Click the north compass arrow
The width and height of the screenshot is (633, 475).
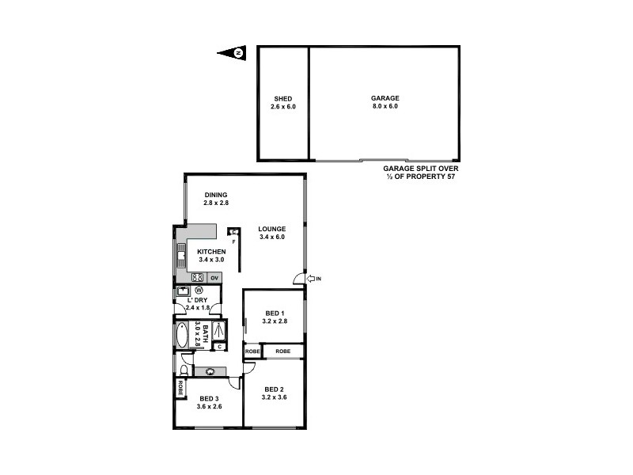pyautogui.click(x=232, y=53)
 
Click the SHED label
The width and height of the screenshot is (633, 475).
pyautogui.click(x=282, y=99)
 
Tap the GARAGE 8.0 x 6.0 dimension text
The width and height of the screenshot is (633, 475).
pyautogui.click(x=385, y=106)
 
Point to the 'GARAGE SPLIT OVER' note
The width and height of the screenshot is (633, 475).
pyautogui.click(x=420, y=169)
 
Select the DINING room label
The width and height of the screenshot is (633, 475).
pyautogui.click(x=216, y=195)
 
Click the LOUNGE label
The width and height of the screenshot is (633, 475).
pyautogui.click(x=271, y=229)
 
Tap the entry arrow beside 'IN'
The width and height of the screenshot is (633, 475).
pyautogui.click(x=311, y=279)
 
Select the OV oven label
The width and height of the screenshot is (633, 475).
pyautogui.click(x=214, y=278)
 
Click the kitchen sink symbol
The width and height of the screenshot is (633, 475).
pyautogui.click(x=180, y=255)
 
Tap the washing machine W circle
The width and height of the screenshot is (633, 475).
pyautogui.click(x=199, y=291)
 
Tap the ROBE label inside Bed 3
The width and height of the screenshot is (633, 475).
pyautogui.click(x=180, y=388)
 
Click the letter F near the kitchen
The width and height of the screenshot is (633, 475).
pyautogui.click(x=234, y=241)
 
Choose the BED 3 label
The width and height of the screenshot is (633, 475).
pyautogui.click(x=208, y=398)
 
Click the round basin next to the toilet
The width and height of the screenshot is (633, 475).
pyautogui.click(x=210, y=370)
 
